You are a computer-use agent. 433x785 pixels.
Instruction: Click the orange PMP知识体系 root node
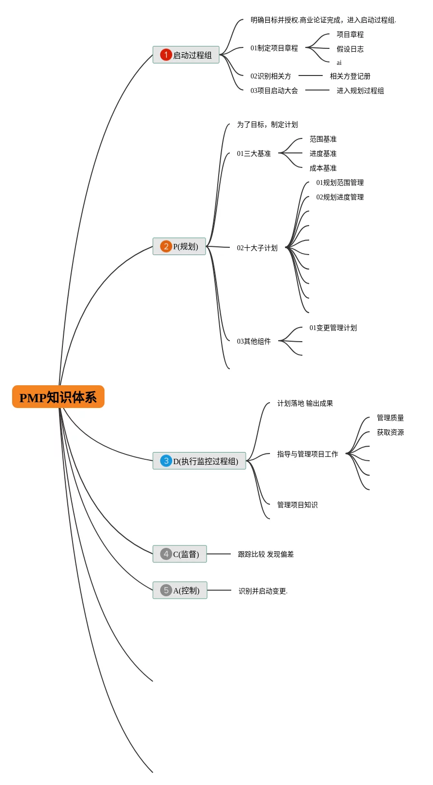(x=58, y=397)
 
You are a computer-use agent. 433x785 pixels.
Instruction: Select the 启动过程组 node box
(x=186, y=55)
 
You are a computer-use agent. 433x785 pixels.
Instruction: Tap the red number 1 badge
(x=166, y=55)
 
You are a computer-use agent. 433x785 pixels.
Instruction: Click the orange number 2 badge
(x=166, y=246)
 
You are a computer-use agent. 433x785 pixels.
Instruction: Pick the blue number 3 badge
(x=166, y=460)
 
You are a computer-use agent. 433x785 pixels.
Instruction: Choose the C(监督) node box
(x=179, y=554)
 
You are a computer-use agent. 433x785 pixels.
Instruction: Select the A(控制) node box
(x=180, y=590)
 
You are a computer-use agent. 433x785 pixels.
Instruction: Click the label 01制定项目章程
(x=274, y=48)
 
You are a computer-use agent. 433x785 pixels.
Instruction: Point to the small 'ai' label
(x=339, y=63)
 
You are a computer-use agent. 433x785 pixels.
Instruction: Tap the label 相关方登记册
(x=350, y=76)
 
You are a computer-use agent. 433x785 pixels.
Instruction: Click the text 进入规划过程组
(x=360, y=91)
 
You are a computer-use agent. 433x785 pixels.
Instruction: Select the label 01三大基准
(x=254, y=153)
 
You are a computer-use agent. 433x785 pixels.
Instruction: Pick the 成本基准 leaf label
(x=323, y=168)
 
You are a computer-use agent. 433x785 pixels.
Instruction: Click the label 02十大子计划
(x=257, y=248)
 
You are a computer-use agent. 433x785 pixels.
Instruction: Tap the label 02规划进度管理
(x=340, y=197)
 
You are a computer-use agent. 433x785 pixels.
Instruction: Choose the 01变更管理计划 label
(x=333, y=328)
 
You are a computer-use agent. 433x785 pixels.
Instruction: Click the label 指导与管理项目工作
(x=308, y=454)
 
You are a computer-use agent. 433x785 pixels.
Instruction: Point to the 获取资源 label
(x=390, y=433)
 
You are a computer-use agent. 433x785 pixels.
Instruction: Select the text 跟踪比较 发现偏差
(x=266, y=554)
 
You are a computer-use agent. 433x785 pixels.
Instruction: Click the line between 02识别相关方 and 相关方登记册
(x=311, y=75)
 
